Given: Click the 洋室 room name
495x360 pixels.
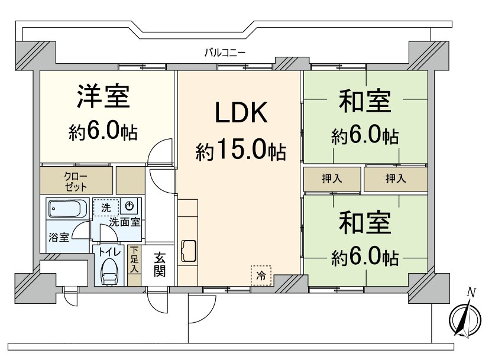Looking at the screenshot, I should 103,97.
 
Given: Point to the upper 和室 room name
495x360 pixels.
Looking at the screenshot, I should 364,101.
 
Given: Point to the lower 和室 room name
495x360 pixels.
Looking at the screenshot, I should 364,223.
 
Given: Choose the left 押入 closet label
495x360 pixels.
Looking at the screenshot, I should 332,179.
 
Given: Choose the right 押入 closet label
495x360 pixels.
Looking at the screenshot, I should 394,179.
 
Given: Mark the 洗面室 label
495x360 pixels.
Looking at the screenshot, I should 124,222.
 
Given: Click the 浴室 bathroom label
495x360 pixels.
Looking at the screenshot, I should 59,238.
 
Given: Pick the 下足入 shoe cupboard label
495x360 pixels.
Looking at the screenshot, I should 134,259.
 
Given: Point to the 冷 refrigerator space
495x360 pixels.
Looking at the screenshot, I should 261,275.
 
